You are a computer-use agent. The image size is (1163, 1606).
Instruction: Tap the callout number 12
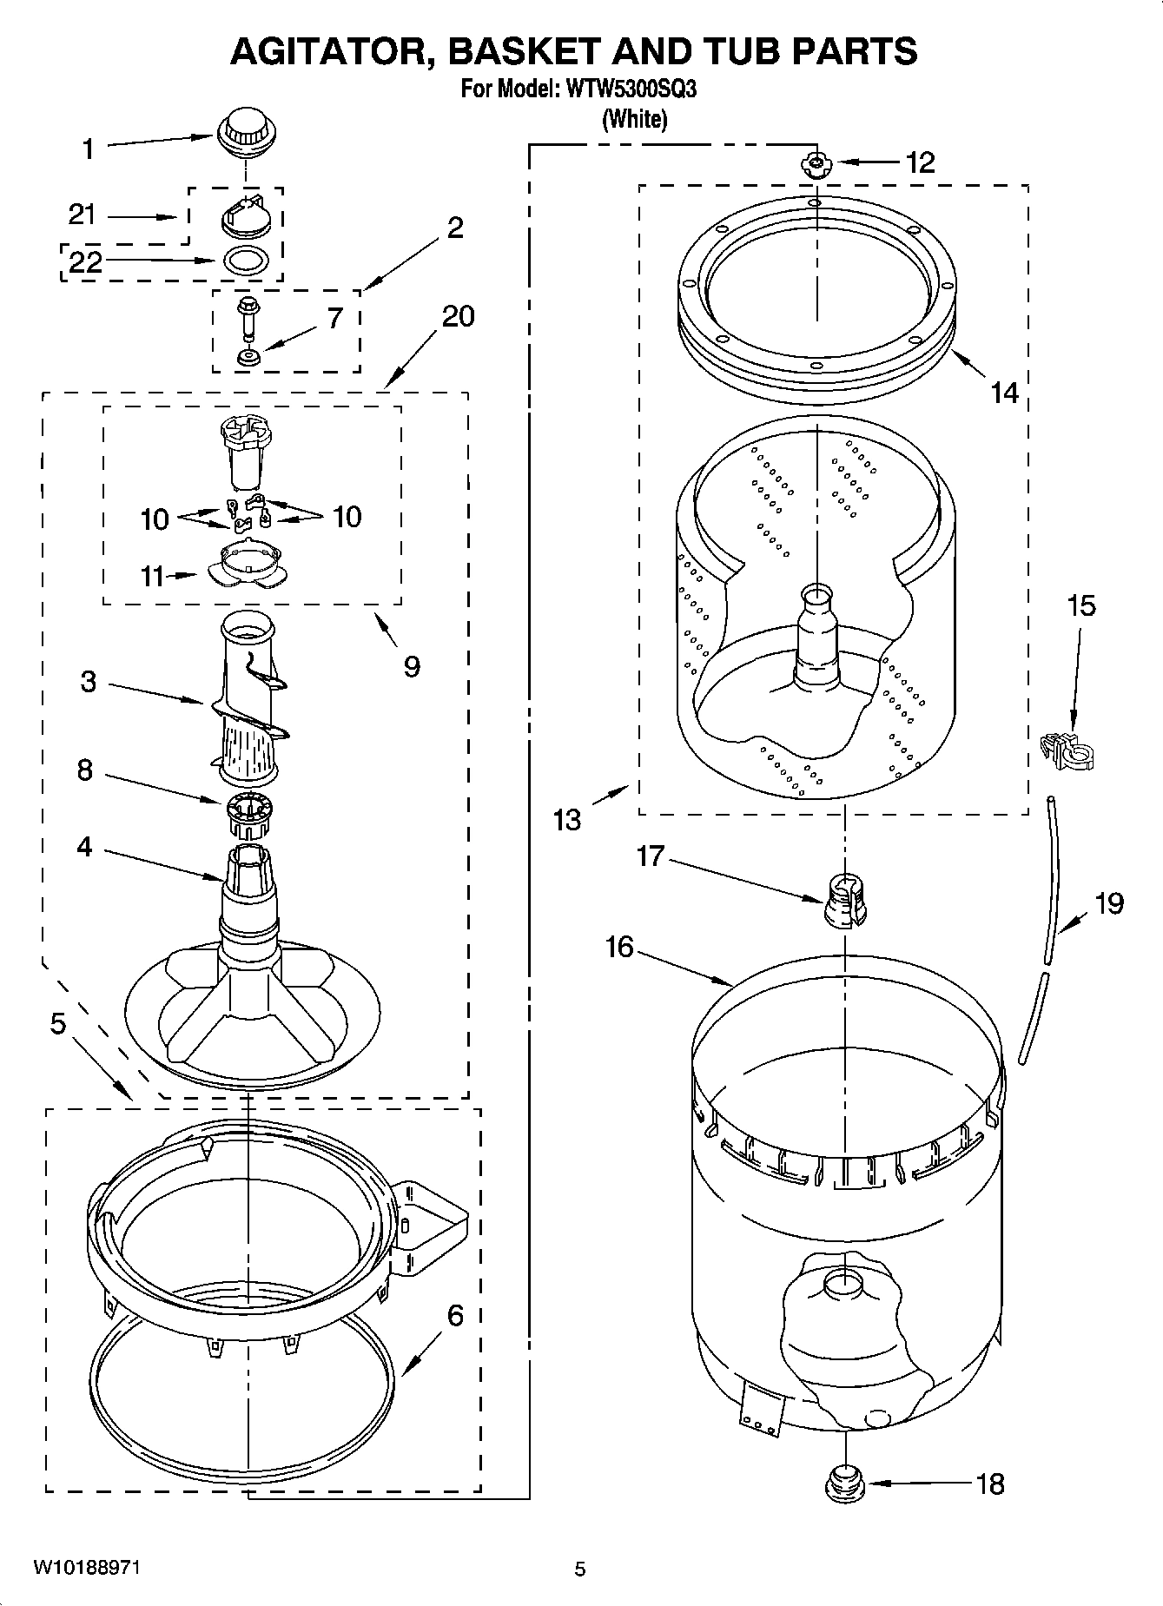920,162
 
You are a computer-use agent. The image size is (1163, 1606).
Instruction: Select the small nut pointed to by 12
816,163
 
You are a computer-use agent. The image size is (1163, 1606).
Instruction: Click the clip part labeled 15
1067,750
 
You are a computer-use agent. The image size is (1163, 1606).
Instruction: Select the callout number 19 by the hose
1108,903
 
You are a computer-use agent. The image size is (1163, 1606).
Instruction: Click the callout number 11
153,576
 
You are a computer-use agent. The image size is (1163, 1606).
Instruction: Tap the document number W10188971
87,1568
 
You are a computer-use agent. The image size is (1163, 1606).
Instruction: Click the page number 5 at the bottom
580,1569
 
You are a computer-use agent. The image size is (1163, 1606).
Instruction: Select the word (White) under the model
634,118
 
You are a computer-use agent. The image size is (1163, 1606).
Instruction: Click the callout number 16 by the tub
619,946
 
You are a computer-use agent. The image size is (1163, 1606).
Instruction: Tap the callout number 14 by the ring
1004,393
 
